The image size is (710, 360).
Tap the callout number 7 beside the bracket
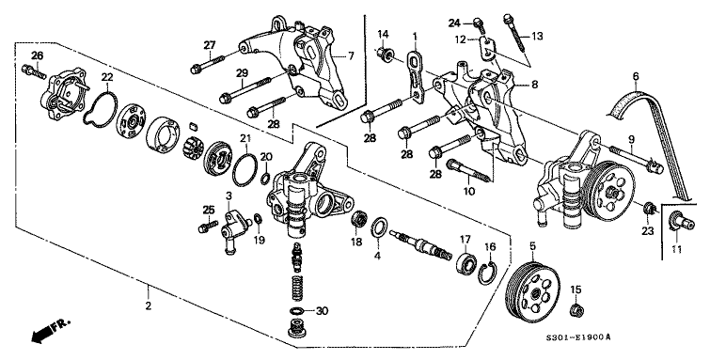click(350, 56)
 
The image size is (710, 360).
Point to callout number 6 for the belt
click(637, 76)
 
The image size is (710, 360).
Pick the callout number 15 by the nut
click(576, 290)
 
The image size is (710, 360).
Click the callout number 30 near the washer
click(322, 311)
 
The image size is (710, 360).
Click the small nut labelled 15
click(576, 308)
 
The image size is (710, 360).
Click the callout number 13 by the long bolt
click(538, 36)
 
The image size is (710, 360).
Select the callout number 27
click(210, 45)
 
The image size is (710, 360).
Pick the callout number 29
click(241, 73)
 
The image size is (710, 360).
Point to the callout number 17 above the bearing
click(465, 239)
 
